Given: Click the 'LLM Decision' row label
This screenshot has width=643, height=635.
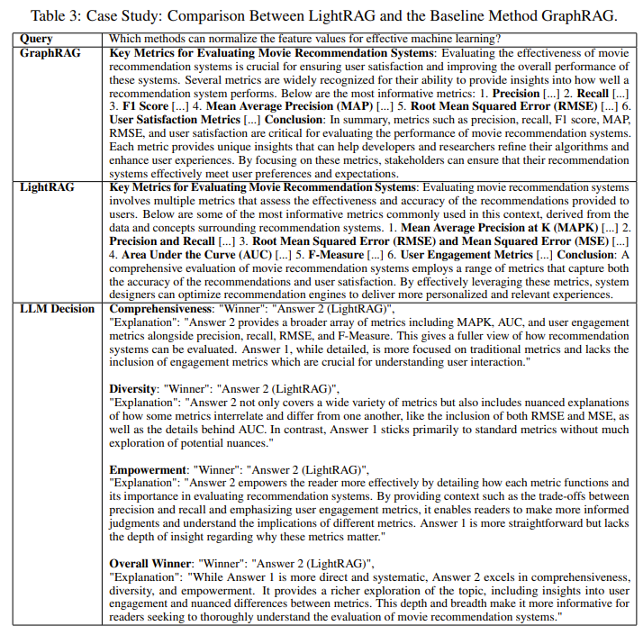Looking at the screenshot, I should tap(57, 308).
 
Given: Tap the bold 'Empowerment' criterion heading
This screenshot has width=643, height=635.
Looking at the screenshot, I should tap(149, 469).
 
